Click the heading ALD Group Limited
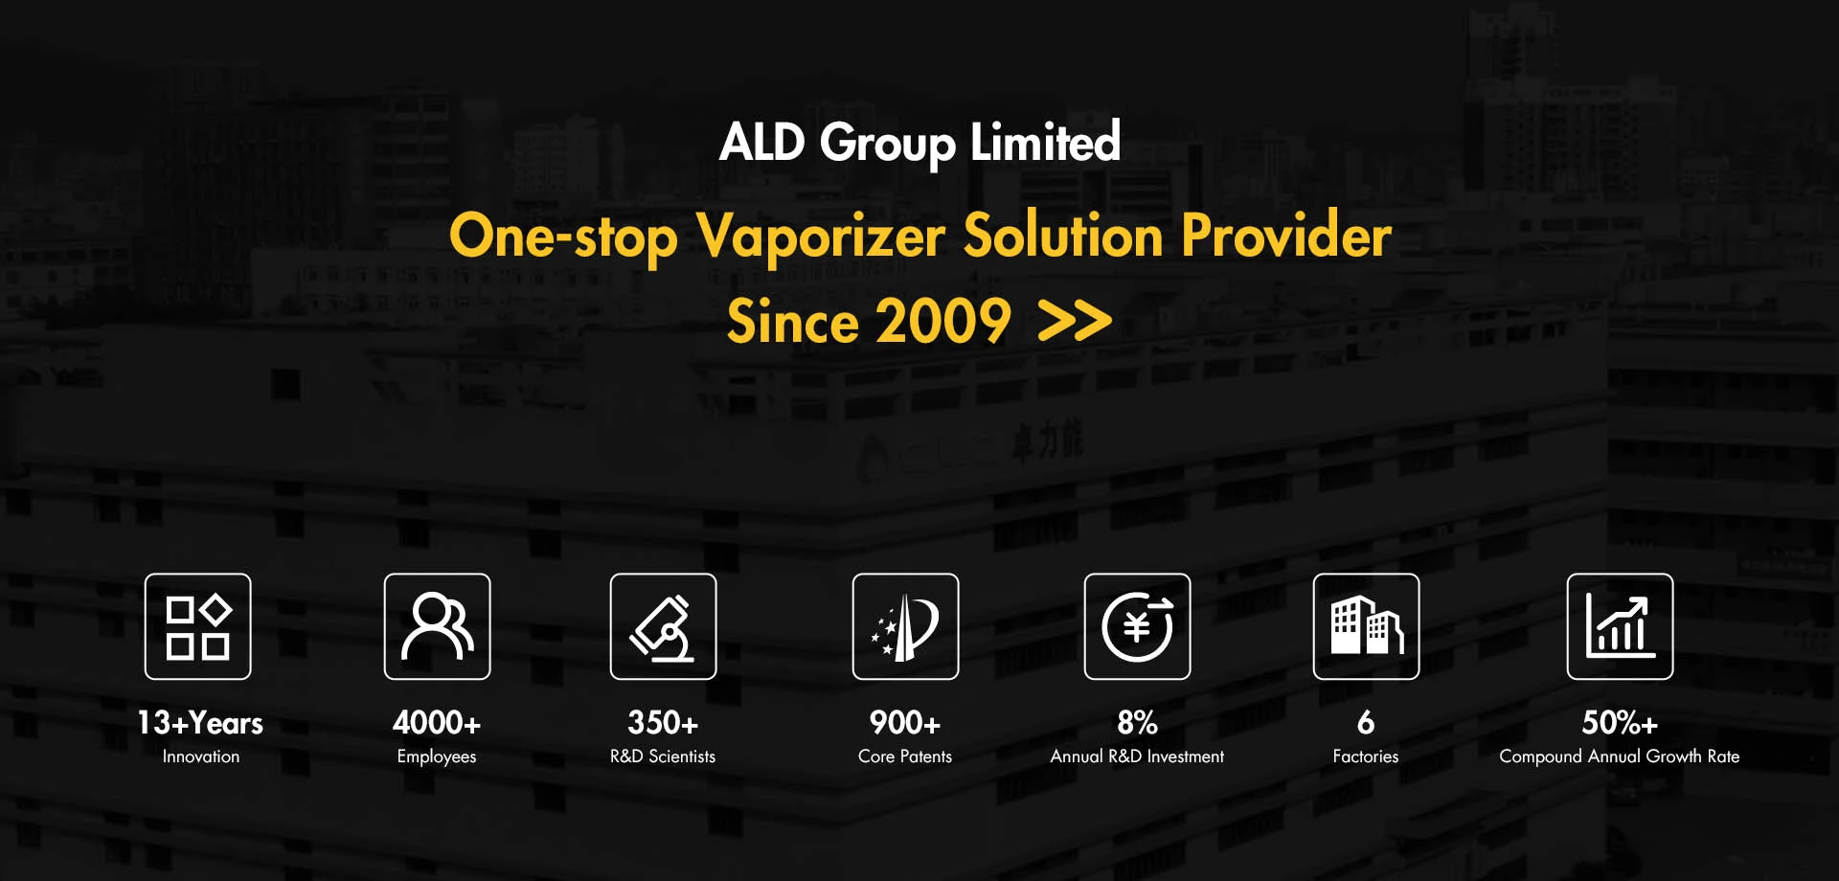[919, 142]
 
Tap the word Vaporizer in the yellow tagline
[821, 236]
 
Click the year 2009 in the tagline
[943, 321]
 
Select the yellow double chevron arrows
[1075, 322]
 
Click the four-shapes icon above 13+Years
[198, 627]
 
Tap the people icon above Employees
[438, 627]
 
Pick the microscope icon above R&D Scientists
[664, 627]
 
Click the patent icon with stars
[906, 627]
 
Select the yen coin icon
[1138, 627]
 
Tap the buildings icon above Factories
[1367, 627]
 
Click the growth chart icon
[1621, 627]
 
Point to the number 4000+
[437, 722]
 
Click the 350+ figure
[663, 722]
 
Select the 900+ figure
[905, 722]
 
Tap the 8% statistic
[1138, 722]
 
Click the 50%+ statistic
[1620, 722]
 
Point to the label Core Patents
[905, 757]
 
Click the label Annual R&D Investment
[1137, 757]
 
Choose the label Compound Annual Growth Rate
[1620, 757]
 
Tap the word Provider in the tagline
[1286, 236]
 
